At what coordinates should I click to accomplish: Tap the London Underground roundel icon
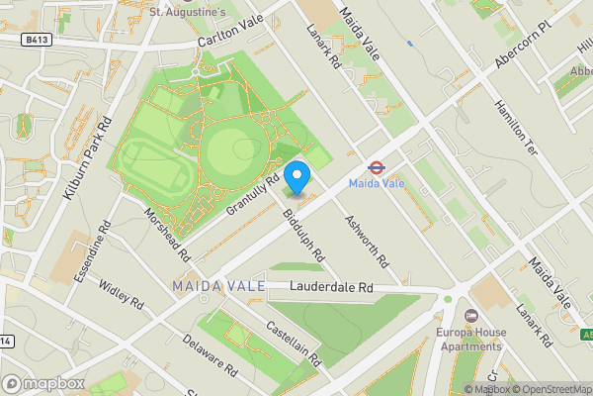pyautogui.click(x=377, y=167)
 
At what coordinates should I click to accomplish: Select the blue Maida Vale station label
pyautogui.click(x=377, y=184)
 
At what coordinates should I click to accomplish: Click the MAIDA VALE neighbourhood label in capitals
pyautogui.click(x=218, y=286)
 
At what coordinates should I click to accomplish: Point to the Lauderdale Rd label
pyautogui.click(x=331, y=288)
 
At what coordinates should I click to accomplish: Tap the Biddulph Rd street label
pyautogui.click(x=303, y=235)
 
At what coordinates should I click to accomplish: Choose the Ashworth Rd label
pyautogui.click(x=356, y=236)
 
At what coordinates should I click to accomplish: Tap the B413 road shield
pyautogui.click(x=38, y=40)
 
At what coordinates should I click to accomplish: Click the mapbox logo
pyautogui.click(x=43, y=382)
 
